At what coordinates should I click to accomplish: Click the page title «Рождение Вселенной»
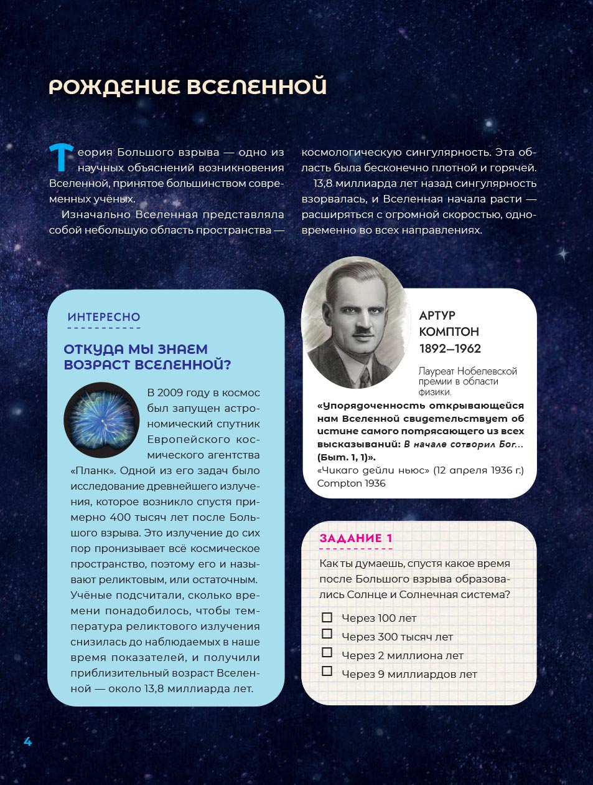[187, 87]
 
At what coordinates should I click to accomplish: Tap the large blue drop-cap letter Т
[62, 157]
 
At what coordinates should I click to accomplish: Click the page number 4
[27, 741]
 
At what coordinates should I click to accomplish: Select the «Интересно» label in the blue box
[104, 317]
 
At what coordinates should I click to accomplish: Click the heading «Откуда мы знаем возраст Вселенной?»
[147, 357]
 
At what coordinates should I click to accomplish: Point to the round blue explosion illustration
[101, 419]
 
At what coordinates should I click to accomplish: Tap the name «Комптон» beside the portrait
[449, 331]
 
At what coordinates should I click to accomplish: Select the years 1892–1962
[450, 348]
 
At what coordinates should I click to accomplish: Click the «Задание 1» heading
[356, 538]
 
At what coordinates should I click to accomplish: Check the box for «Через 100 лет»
[327, 617]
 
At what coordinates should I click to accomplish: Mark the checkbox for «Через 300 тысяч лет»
[327, 634]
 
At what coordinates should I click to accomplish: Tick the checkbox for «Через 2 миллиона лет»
[327, 652]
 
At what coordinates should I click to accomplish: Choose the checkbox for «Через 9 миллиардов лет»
[327, 671]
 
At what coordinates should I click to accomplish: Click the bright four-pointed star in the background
[563, 254]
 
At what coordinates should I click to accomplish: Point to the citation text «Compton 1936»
[351, 483]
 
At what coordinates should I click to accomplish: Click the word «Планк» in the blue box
[93, 470]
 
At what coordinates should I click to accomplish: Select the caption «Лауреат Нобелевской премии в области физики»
[467, 381]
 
